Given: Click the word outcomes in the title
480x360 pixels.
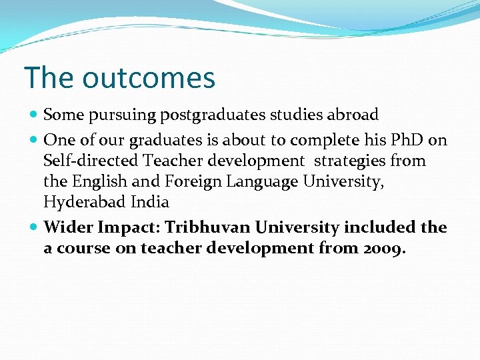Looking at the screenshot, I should click(x=149, y=78).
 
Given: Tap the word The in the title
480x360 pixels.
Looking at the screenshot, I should click(x=49, y=78).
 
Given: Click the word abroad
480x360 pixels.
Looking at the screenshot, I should click(x=353, y=115).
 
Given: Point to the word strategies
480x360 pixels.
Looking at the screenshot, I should click(x=350, y=161).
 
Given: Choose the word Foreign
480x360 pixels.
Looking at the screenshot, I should click(x=194, y=181).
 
